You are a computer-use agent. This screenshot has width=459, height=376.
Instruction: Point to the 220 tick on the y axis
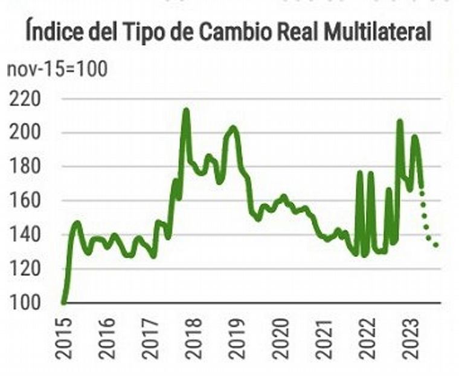[25, 99]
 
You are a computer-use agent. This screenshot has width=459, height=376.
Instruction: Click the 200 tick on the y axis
[25, 133]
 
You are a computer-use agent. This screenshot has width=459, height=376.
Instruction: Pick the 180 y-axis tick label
[25, 167]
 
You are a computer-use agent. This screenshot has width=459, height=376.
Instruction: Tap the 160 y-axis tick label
[25, 201]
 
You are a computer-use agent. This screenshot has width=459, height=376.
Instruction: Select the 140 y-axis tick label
[25, 235]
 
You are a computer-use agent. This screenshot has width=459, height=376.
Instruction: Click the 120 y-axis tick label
[25, 268]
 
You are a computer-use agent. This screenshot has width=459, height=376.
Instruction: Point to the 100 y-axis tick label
[25, 302]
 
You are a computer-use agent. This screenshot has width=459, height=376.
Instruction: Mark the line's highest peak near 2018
[186, 111]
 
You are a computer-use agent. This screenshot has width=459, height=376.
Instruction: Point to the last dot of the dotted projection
[436, 245]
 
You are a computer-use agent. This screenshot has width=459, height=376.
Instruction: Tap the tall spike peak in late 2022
[400, 122]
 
